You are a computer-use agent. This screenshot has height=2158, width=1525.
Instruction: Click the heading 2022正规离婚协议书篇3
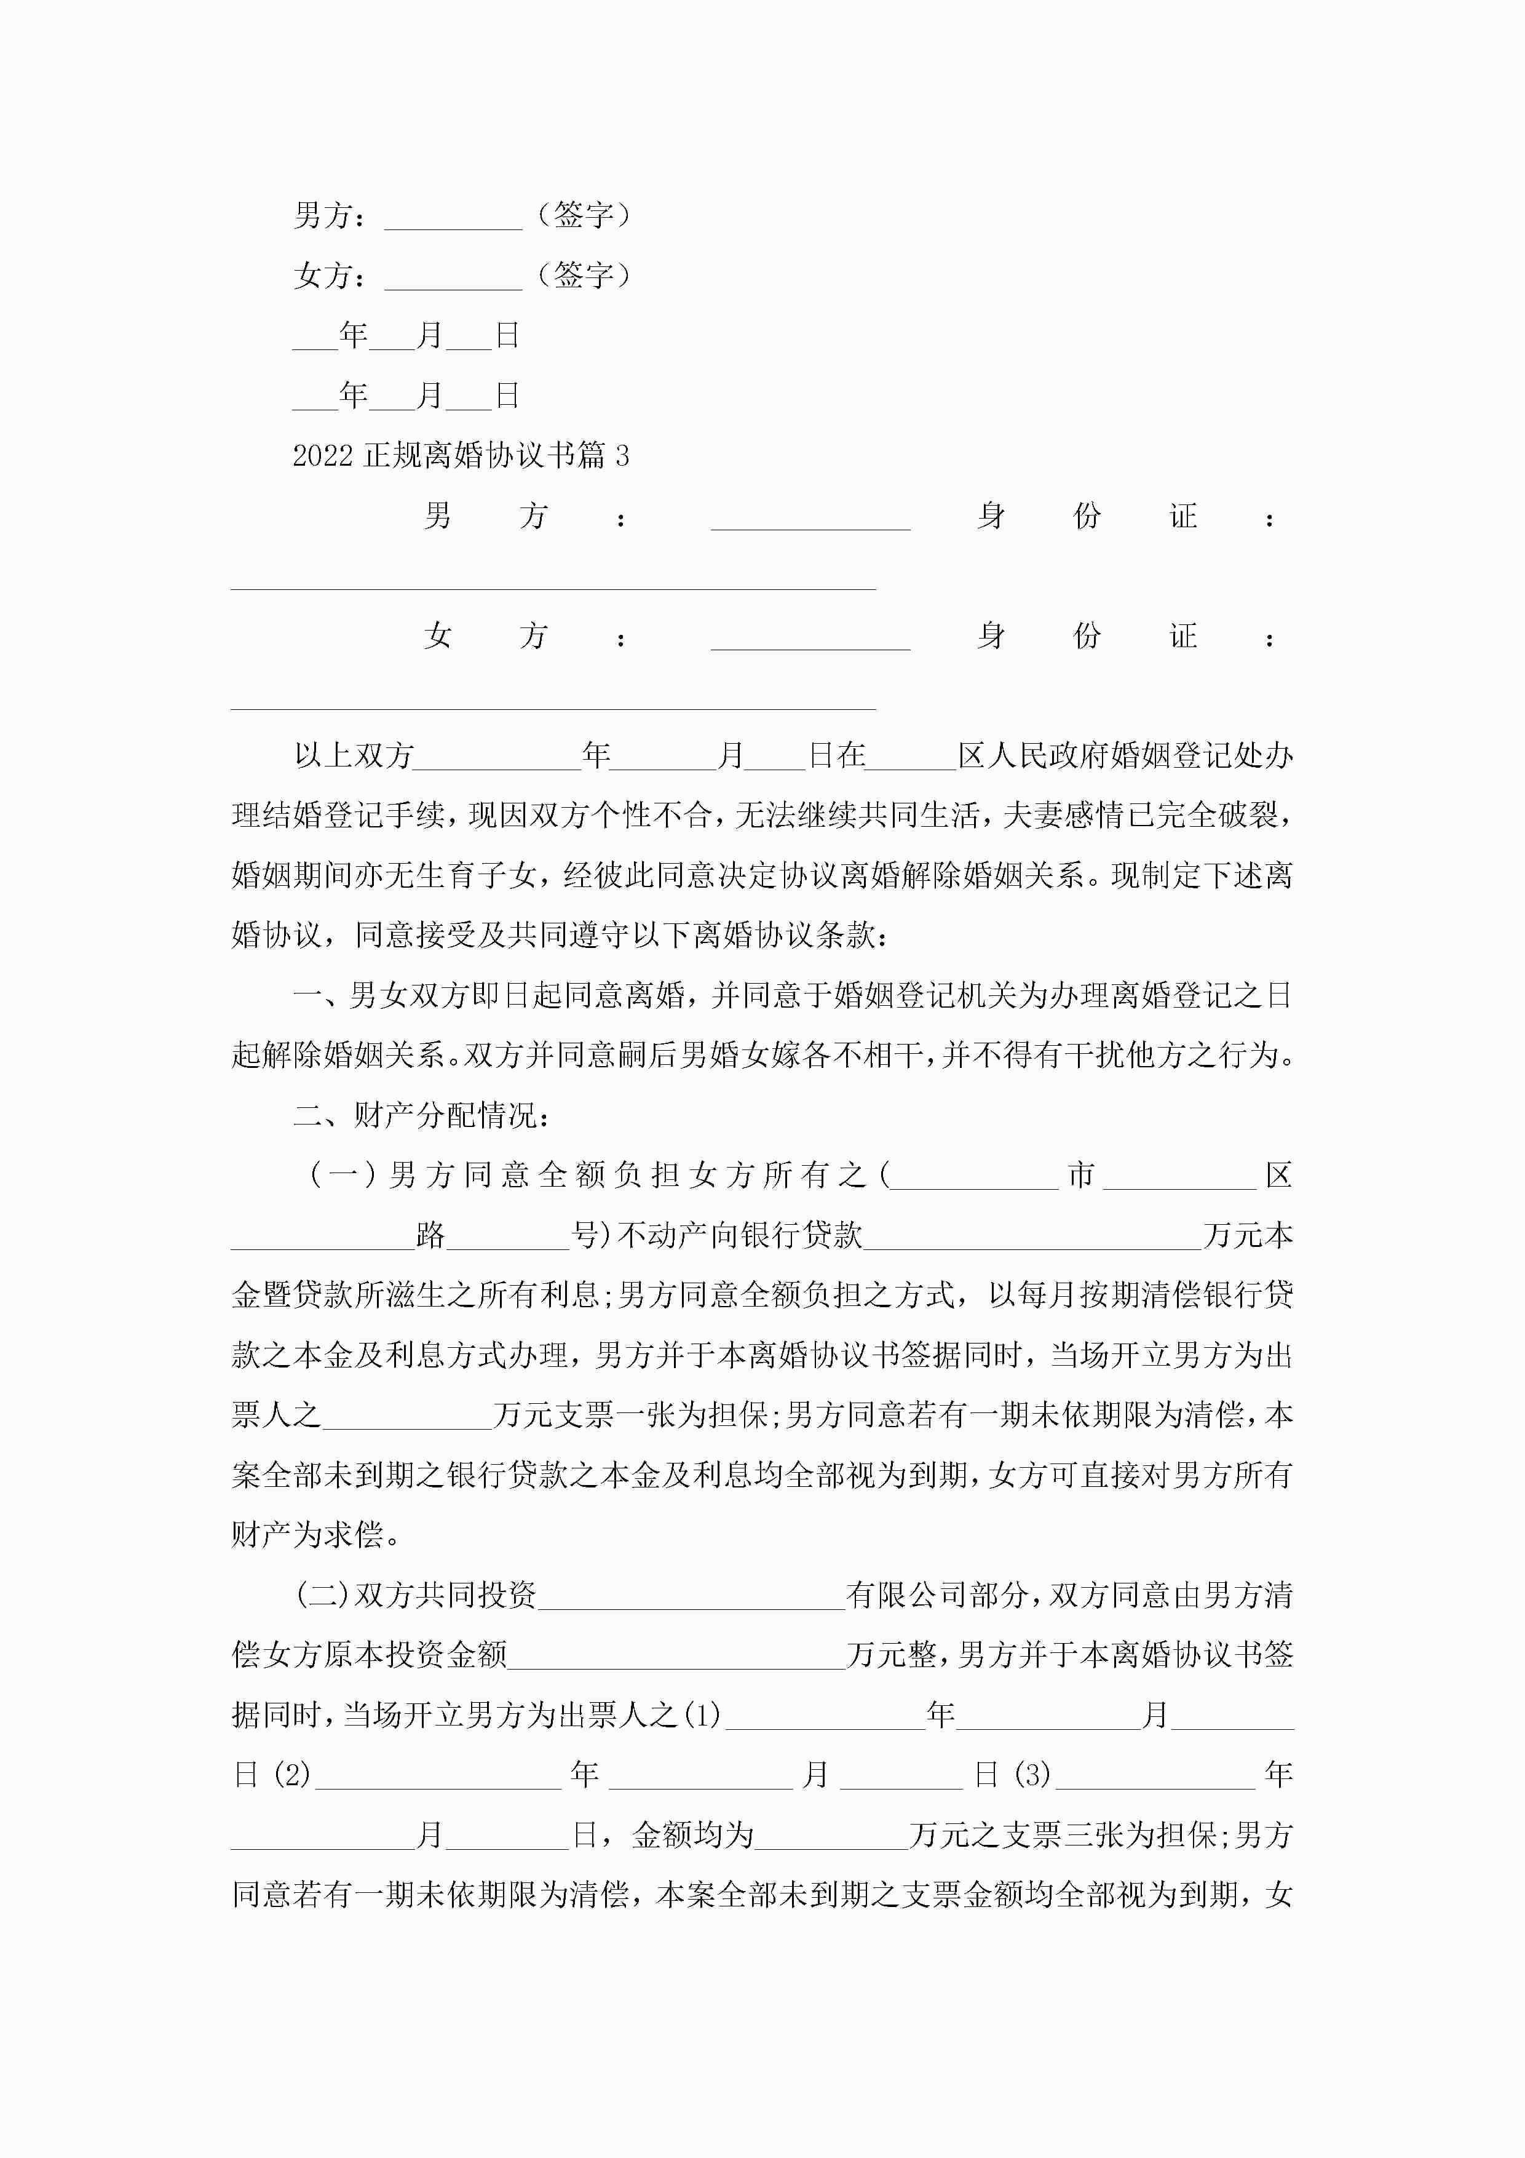[x=461, y=456]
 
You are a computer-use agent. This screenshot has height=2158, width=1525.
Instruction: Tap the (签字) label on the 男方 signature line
[x=582, y=216]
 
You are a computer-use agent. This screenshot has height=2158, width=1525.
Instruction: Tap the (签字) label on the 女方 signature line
[x=582, y=276]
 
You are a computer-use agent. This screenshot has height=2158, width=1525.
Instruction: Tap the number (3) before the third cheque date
[x=1032, y=1775]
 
